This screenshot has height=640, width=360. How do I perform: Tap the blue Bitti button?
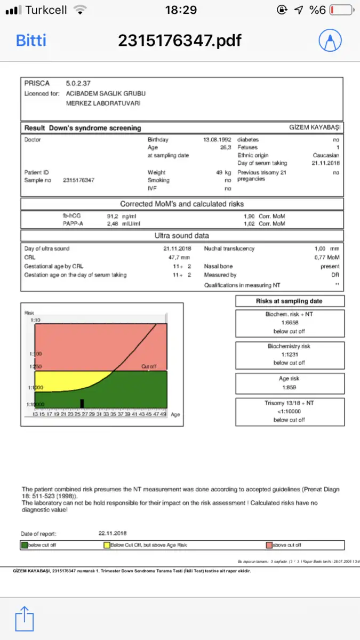(31, 40)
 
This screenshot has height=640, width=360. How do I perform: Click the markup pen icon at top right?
(331, 39)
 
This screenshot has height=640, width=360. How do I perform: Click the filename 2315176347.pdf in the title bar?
(179, 40)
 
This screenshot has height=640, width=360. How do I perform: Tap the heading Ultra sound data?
(182, 236)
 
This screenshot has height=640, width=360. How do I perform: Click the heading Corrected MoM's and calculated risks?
(182, 204)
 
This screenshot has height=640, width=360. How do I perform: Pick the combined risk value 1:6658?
(290, 323)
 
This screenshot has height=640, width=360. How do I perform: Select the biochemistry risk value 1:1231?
(290, 355)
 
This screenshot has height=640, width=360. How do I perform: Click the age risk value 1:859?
(290, 387)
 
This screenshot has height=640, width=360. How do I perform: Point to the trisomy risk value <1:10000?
(290, 411)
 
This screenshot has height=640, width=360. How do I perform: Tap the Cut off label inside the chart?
(149, 367)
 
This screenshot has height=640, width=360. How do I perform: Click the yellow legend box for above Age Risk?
(107, 545)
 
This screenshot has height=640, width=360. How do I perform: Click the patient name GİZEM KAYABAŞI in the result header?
(315, 128)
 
